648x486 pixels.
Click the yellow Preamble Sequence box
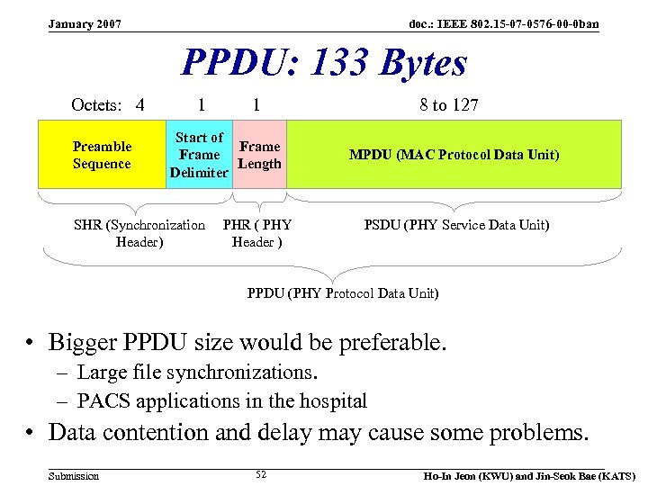102,155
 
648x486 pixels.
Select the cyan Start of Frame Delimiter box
199,155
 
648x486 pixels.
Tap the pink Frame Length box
260,155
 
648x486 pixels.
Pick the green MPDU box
454,155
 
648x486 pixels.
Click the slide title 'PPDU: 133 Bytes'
324,63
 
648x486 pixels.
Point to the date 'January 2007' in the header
85,22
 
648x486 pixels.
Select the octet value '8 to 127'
448,105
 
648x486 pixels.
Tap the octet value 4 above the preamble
139,105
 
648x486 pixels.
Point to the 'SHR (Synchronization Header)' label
139,233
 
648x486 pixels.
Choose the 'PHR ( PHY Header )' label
257,233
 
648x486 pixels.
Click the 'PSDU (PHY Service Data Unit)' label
456,225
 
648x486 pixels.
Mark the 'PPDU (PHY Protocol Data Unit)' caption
342,293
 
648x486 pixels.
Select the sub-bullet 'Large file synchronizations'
198,372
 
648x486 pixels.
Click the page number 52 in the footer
261,474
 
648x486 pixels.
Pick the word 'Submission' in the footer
74,475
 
